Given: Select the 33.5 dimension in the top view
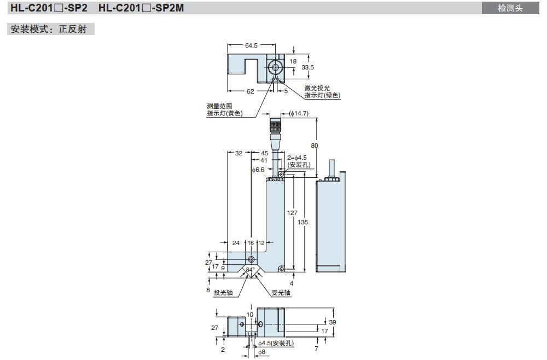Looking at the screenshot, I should [x=307, y=68].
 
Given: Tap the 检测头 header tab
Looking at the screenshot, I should [x=510, y=8].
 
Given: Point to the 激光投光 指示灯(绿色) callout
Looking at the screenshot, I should [x=322, y=91].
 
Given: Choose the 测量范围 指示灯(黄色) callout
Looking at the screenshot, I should [x=224, y=109].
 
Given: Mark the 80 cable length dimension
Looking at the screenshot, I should [x=314, y=146].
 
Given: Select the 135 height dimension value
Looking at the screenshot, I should [x=302, y=222].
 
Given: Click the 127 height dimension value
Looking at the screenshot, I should [x=293, y=213].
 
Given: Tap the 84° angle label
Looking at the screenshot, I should [x=251, y=270].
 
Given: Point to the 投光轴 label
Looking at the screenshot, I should [x=223, y=293].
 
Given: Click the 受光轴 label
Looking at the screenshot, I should [x=281, y=293].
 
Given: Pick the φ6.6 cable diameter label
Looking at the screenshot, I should [x=258, y=170].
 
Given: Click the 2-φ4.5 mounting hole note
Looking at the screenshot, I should [x=300, y=161].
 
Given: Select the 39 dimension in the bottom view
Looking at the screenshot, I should [x=332, y=322].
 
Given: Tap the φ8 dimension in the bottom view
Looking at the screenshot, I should [x=263, y=353].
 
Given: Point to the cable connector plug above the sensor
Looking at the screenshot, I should [x=274, y=131].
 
